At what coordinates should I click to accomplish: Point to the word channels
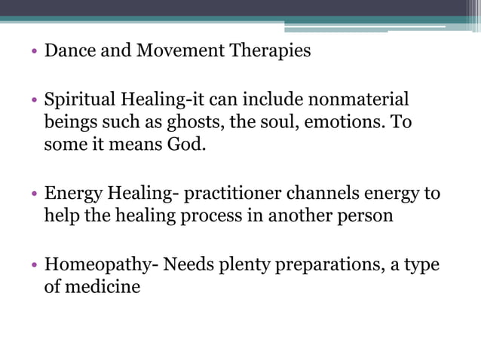click(x=331, y=193)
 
